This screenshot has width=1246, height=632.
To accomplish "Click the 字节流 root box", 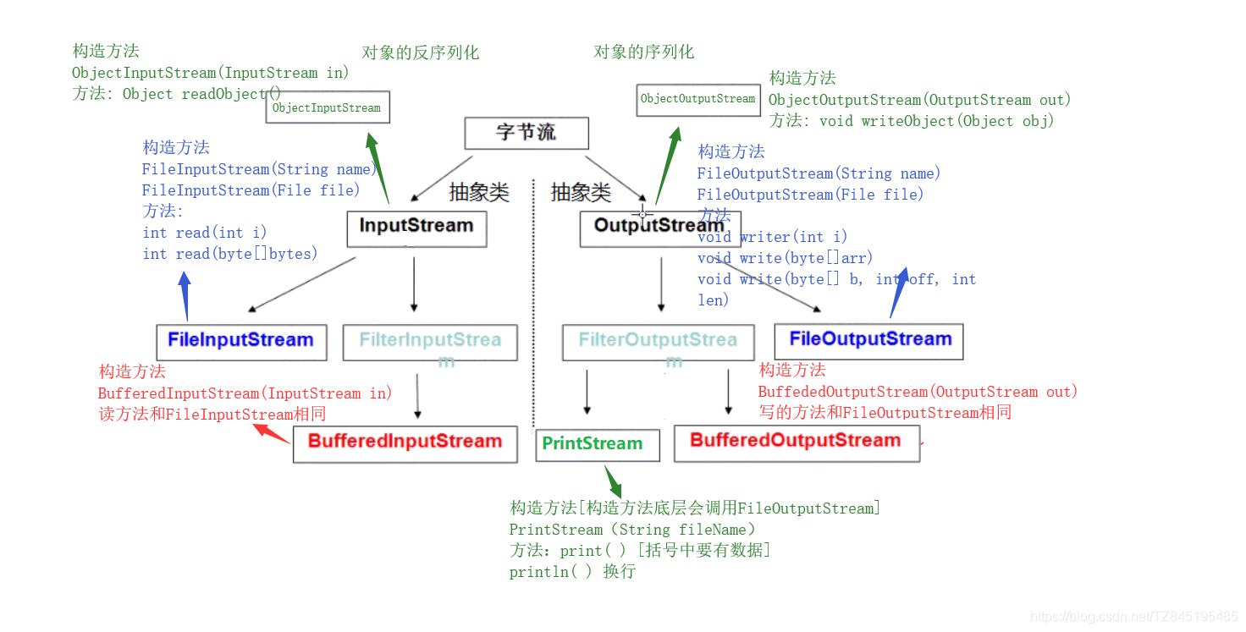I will [526, 133].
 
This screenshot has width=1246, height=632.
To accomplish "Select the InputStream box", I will [416, 228].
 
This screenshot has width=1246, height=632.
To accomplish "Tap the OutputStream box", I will [659, 228].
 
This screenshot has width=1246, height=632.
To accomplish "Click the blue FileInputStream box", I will [241, 342].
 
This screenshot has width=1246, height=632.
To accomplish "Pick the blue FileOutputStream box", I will [868, 341].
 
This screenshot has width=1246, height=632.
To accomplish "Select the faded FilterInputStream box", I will [430, 342].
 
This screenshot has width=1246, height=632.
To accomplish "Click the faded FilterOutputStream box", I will [658, 342].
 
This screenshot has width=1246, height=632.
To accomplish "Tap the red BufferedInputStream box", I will [405, 443].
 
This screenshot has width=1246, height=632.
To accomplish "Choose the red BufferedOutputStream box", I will [796, 442].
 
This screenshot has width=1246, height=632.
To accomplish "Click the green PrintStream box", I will [597, 444].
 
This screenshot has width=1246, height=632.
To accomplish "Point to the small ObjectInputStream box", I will [328, 107].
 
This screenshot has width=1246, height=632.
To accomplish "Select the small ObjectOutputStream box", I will [697, 99].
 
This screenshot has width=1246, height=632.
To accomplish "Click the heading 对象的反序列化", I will [420, 52].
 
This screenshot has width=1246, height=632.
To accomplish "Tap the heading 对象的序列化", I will [643, 52].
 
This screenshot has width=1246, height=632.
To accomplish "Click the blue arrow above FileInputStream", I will [184, 296].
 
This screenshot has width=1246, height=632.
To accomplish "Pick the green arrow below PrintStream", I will [613, 481].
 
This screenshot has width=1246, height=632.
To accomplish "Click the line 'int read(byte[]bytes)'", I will [230, 254].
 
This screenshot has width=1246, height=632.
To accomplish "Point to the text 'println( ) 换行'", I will [572, 572].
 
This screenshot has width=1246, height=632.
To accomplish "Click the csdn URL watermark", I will [1134, 617].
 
